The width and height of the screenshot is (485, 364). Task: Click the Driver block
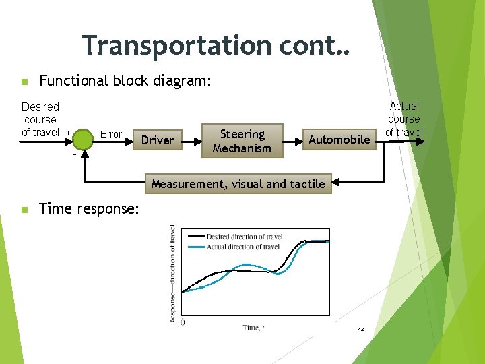pos(158,140)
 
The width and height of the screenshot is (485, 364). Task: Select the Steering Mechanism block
pos(242,141)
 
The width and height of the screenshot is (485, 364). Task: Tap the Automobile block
pos(339,140)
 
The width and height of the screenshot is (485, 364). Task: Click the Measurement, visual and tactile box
pos(238,184)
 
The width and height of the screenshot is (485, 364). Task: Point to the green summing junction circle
pos(84,140)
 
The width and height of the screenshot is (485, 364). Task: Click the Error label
pos(111,134)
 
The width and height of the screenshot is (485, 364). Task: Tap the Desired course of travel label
pos(40,119)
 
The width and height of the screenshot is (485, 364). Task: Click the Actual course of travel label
pos(404,119)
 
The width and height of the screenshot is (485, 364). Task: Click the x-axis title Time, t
pos(253,328)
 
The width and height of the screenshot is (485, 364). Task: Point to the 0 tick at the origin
pos(183,323)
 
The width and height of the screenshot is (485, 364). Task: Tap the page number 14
pos(361,330)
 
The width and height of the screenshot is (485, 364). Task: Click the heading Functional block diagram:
pos(125,81)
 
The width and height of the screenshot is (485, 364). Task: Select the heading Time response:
pos(90,209)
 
